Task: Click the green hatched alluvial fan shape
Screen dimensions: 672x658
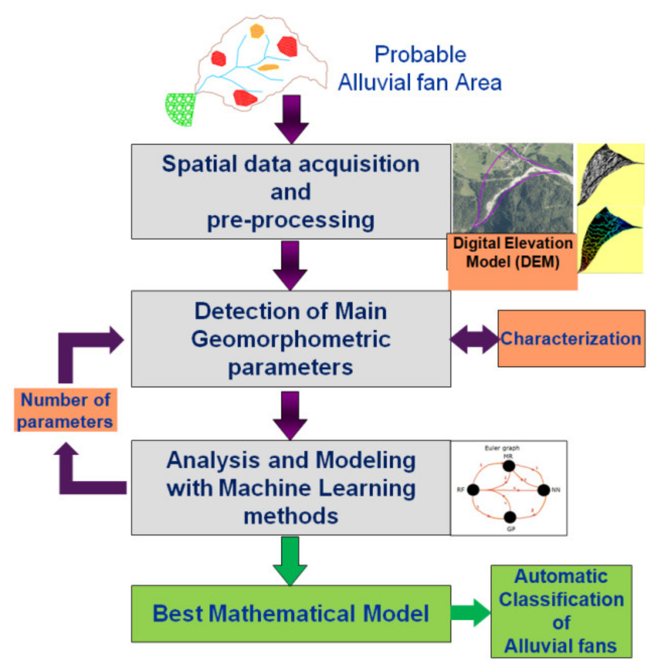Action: tap(180, 109)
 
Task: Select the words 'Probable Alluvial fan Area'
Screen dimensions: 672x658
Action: tap(420, 69)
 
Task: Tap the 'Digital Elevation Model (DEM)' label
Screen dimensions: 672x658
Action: tap(512, 253)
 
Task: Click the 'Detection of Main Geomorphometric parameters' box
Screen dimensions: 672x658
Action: tap(291, 339)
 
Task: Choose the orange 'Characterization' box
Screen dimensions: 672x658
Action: tap(571, 339)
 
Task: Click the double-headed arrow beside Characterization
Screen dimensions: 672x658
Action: tap(474, 339)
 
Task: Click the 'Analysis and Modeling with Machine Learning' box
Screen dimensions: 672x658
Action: tap(291, 487)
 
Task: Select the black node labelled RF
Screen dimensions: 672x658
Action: tap(473, 490)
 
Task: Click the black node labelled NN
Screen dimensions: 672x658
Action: tap(543, 490)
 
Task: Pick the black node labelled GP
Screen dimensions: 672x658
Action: tap(510, 517)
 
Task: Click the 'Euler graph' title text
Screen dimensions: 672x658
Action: tap(502, 448)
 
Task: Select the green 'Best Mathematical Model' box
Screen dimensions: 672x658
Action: tap(291, 614)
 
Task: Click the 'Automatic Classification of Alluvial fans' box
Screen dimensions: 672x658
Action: tap(561, 611)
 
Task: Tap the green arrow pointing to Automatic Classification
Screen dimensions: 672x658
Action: tap(470, 613)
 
